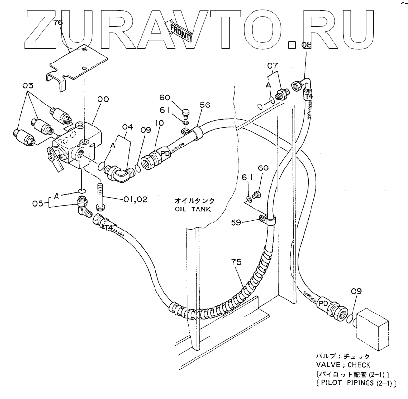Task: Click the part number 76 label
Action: coord(58,22)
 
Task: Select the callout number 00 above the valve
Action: coord(103,100)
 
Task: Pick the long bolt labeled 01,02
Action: coord(101,194)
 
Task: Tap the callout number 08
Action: coord(306,45)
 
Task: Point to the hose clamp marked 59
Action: coord(267,221)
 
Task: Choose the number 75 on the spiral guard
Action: coord(236,263)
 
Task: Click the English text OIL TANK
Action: coord(194,209)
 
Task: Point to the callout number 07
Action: coord(272,65)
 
